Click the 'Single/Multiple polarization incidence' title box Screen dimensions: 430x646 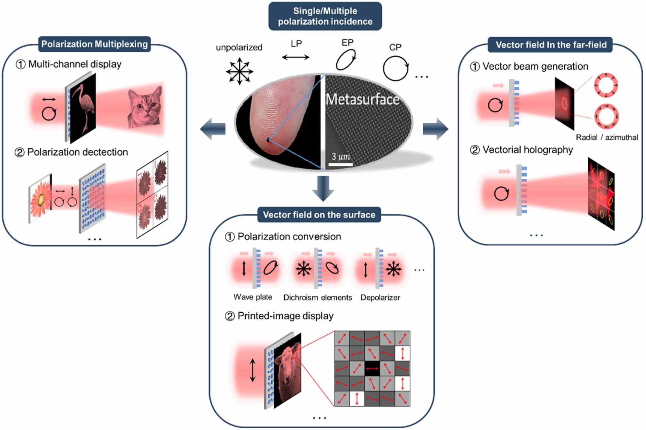tap(325, 16)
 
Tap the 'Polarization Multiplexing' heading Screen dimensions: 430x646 tap(94, 44)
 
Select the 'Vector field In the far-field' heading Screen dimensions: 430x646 tap(551, 45)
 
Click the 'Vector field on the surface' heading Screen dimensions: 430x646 tap(319, 214)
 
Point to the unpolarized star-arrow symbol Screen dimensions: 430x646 tap(239, 70)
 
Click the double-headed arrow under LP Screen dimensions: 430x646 tap(295, 57)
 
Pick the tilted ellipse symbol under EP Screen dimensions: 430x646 tap(346, 60)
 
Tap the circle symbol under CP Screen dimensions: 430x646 tap(395, 68)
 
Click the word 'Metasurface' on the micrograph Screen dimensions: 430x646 tap(362, 99)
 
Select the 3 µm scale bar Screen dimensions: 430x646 tap(341, 164)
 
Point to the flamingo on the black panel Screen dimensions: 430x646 tap(83, 107)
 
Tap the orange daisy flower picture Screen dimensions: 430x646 tap(40, 199)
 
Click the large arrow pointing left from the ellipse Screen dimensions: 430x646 tap(212, 129)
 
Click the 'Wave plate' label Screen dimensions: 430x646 tap(253, 297)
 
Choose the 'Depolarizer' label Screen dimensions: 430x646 tap(380, 297)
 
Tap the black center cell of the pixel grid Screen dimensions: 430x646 tap(372, 369)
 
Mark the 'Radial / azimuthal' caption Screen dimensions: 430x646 tap(607, 137)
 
